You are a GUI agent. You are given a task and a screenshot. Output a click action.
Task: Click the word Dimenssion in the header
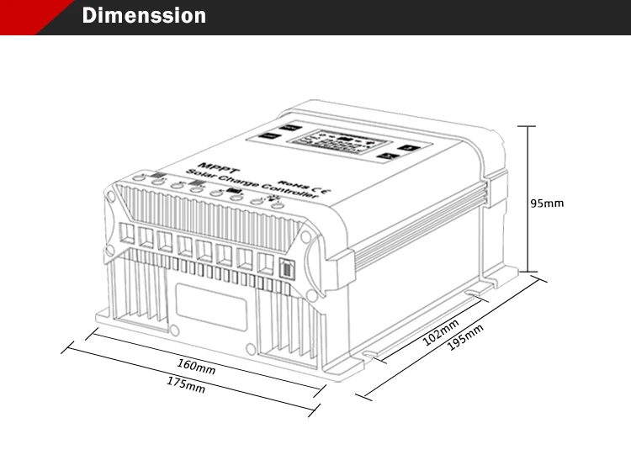coord(144,16)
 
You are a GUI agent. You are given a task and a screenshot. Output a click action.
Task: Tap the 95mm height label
coord(547,203)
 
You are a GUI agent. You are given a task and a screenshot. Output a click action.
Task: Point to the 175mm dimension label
coord(185,386)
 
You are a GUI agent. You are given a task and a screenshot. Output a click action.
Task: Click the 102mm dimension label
coord(440,332)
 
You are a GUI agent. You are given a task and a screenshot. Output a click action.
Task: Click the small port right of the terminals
coord(284,272)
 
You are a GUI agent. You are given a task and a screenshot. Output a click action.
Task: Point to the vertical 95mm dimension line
coord(527,198)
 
